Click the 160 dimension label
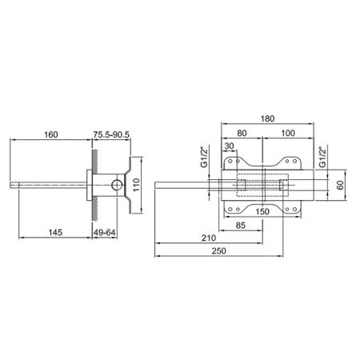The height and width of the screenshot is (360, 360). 51,134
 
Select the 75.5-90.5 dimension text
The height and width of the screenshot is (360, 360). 111,134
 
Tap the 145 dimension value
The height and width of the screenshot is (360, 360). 55,232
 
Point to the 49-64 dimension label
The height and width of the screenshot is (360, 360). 105,233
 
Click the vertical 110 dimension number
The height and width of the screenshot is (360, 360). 136,185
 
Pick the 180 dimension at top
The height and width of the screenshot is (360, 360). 267,118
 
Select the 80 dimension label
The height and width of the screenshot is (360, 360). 242,133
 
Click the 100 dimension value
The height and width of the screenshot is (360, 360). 288,133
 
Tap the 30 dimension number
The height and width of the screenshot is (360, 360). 229,146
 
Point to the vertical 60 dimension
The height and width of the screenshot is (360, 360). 340,185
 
